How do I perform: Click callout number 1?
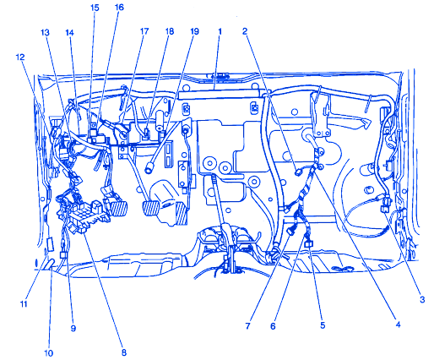(x=220, y=31)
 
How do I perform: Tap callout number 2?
(x=245, y=31)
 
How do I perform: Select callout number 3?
(x=422, y=300)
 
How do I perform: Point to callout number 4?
(x=398, y=325)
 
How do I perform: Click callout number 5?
(x=323, y=325)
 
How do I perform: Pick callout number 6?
(x=273, y=326)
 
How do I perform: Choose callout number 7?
(x=247, y=326)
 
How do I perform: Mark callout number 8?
(x=124, y=352)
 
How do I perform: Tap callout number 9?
(x=73, y=328)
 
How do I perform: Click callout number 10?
(x=48, y=352)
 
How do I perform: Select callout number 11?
(x=24, y=304)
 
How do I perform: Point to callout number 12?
(x=20, y=57)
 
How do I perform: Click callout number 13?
(x=45, y=33)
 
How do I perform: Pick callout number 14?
(x=69, y=33)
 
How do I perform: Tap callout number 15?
(x=95, y=8)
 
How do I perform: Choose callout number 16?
(x=119, y=8)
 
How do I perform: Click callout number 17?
(x=144, y=31)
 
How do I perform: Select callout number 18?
(x=170, y=31)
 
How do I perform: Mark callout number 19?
(x=194, y=31)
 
